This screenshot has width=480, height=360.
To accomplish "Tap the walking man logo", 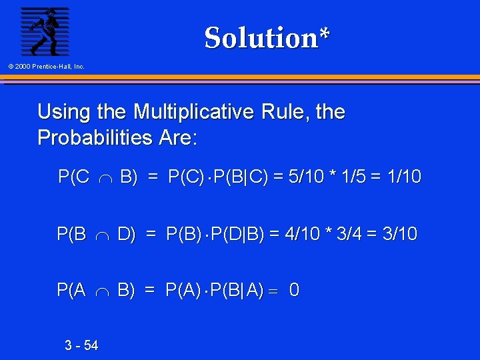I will coord(45,31).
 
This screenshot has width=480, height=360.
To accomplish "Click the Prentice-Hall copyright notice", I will coord(47,67).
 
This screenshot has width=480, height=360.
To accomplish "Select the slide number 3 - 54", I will coord(81,345).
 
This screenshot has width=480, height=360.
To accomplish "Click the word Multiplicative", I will coord(193,111).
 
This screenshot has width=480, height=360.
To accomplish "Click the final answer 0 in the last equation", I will coord(294,290).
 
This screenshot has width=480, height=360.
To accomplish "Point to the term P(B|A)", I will coord(237,290).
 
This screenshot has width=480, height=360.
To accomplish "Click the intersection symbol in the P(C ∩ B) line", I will coord(107,178).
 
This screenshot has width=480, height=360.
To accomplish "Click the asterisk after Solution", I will coord(323,33).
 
